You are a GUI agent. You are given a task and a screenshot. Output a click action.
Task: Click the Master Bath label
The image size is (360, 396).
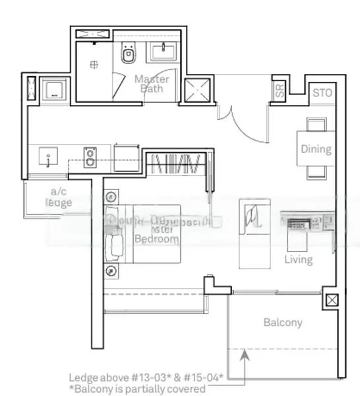[152, 84]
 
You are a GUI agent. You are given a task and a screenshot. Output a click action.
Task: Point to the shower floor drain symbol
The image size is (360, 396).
[95, 63]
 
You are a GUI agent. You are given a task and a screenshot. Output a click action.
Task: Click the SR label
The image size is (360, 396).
[280, 92]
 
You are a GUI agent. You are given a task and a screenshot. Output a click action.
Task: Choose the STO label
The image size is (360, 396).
[322, 92]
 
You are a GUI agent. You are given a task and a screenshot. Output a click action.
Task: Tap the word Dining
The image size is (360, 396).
[316, 149]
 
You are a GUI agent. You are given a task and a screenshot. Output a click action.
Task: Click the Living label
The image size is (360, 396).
[298, 259]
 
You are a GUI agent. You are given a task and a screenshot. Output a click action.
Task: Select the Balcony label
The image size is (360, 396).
[282, 323]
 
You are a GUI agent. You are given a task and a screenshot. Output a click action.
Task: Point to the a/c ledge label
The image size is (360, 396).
[59, 197]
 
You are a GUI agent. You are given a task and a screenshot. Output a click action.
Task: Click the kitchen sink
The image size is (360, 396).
[49, 158]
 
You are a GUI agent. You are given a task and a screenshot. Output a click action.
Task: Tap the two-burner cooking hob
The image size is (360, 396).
[90, 157]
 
